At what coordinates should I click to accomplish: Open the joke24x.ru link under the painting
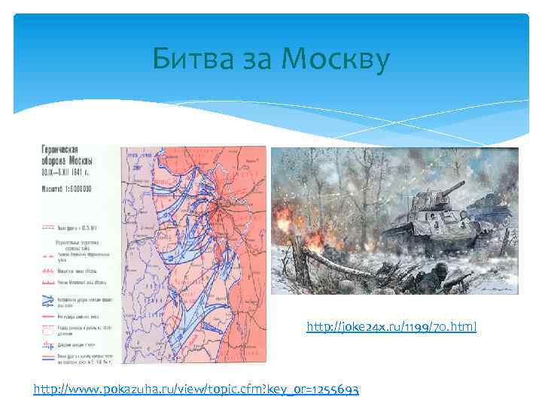391,327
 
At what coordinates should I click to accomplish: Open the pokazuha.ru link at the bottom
196,389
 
